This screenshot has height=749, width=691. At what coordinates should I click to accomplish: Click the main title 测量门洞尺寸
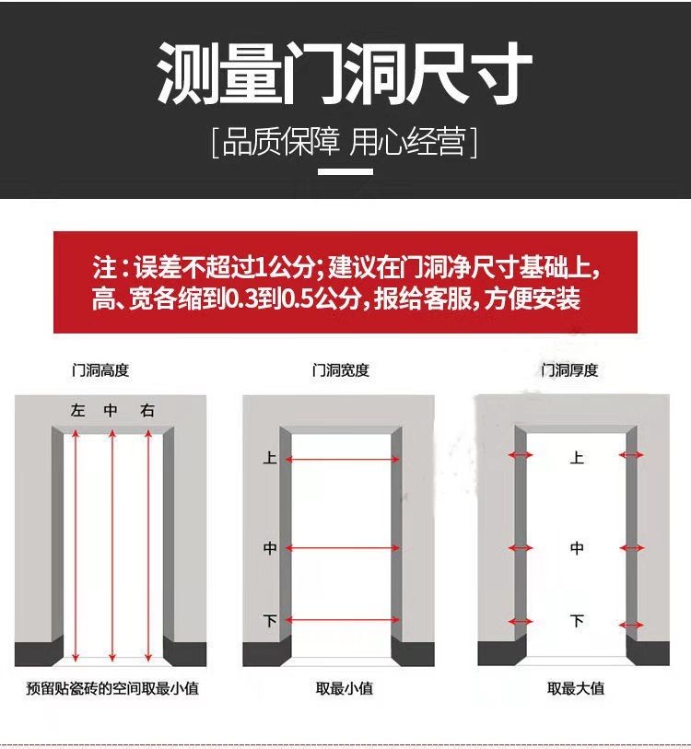pos(345,75)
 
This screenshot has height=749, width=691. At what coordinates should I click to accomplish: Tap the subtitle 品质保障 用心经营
pos(345,143)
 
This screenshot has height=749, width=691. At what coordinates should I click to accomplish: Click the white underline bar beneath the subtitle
pos(345,171)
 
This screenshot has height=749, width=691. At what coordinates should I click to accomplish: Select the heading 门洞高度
pos(100,370)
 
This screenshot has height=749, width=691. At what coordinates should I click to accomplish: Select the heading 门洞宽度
pos(340,370)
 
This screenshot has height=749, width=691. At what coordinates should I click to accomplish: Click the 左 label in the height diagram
pos(77,411)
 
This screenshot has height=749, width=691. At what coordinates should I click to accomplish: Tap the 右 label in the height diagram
pos(147,411)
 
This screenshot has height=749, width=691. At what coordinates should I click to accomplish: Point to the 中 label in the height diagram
pos(111,411)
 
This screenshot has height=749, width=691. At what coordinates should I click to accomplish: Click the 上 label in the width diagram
pos(270,458)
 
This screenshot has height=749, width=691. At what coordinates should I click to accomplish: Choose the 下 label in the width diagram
pos(270,621)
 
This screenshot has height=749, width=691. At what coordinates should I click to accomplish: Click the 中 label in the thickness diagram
pos(577,548)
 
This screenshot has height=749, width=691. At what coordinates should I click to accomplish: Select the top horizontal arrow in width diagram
pos(345,458)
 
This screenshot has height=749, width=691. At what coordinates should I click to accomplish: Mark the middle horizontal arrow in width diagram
pos(345,548)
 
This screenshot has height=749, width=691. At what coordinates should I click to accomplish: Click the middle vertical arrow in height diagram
pos(111,544)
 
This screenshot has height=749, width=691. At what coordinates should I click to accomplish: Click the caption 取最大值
pos(576,689)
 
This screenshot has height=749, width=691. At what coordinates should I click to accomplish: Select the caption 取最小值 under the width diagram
pos(345,689)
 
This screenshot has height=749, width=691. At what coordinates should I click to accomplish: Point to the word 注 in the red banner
pos(102,269)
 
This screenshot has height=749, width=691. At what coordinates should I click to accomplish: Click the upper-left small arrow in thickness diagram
pos(520,455)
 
